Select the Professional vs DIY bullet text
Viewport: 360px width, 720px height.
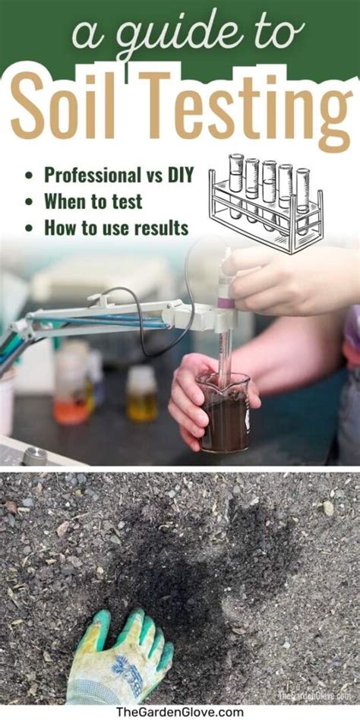point(117,175)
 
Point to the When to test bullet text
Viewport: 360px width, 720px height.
point(93,201)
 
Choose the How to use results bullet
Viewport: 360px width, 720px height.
point(115,227)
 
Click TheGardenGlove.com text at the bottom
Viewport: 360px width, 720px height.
point(180,712)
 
